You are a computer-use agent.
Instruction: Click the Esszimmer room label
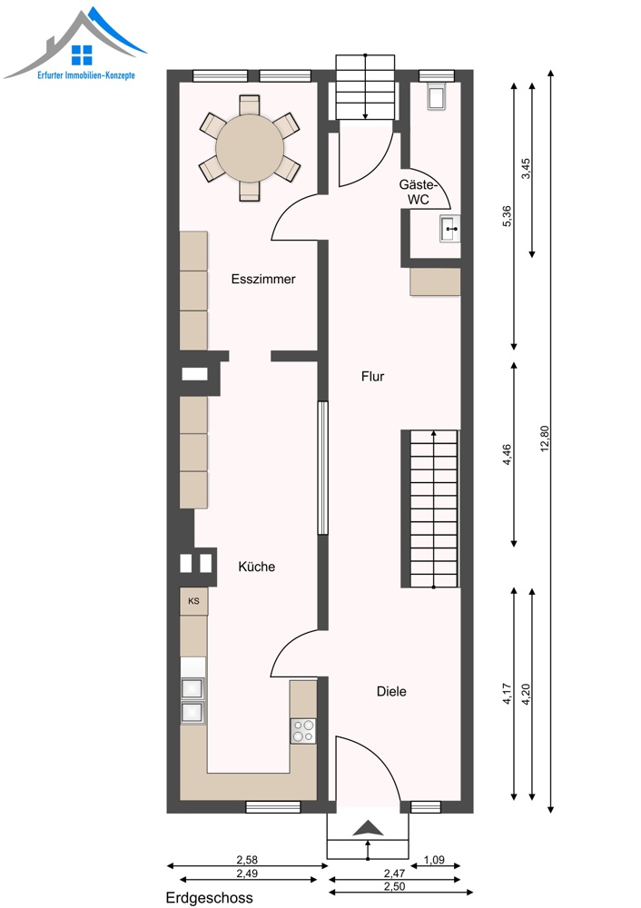(263, 279)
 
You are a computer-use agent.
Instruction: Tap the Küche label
(257, 567)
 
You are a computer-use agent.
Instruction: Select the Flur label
(373, 377)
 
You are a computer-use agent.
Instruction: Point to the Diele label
(391, 691)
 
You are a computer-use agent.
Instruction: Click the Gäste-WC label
(418, 192)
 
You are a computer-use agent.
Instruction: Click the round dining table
(250, 148)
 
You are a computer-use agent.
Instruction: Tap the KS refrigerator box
(193, 601)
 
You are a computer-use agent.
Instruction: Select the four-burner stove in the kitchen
(303, 730)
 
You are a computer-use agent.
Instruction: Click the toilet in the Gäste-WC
(436, 96)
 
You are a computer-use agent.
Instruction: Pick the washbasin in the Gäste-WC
(450, 228)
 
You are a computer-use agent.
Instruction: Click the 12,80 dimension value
(544, 439)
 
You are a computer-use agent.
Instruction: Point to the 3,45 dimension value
(526, 169)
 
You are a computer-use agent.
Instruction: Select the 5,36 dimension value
(508, 216)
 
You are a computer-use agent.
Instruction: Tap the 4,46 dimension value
(508, 455)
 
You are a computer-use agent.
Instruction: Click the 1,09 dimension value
(434, 860)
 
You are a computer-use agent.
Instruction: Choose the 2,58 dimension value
(247, 860)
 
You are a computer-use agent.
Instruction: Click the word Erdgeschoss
(210, 898)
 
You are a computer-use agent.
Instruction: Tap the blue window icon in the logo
(82, 55)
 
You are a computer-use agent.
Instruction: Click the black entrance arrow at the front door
(368, 828)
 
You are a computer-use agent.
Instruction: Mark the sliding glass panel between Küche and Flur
(322, 468)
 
